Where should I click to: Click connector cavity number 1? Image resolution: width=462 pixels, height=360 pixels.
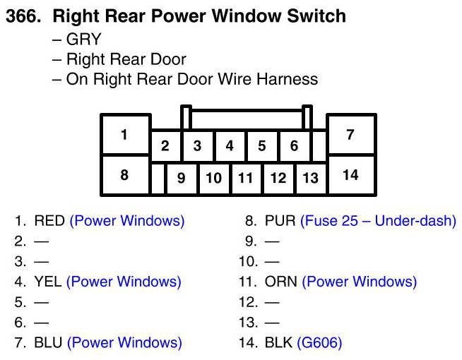click(125, 135)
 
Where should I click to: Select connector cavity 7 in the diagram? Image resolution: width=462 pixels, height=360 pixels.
click(350, 135)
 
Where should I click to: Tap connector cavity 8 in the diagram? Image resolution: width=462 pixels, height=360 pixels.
click(125, 175)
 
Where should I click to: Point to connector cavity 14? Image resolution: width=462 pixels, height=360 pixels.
click(350, 175)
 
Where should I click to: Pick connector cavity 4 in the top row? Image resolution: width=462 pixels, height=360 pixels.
click(230, 147)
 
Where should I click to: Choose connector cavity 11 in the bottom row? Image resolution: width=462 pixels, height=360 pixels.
click(245, 178)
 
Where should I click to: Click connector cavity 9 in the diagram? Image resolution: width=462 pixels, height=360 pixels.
click(182, 178)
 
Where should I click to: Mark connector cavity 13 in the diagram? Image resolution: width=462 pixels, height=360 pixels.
click(310, 178)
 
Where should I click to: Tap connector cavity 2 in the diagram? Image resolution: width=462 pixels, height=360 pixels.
click(165, 147)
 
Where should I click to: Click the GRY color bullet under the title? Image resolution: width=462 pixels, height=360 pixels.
click(83, 40)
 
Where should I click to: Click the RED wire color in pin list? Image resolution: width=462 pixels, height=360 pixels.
click(49, 221)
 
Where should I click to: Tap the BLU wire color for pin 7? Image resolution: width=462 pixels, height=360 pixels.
click(48, 343)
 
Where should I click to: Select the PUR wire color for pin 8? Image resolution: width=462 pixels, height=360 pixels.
click(280, 221)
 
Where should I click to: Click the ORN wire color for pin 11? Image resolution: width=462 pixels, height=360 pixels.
click(280, 282)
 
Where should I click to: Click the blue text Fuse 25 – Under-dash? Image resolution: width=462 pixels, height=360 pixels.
click(378, 221)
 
